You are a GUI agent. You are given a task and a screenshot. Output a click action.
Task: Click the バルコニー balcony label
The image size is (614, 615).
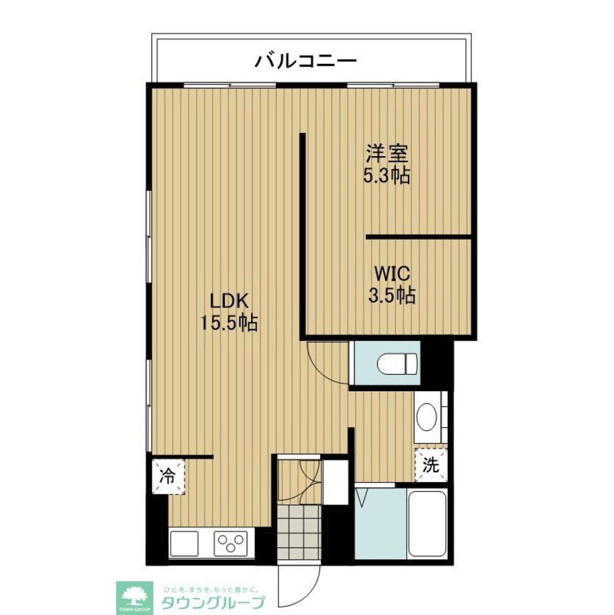tap(306, 61)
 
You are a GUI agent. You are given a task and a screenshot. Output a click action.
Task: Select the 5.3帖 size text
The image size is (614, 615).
tap(387, 177)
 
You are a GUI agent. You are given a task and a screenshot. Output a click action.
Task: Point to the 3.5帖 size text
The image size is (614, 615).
tap(391, 296)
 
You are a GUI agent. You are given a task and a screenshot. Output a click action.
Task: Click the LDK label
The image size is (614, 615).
tap(228, 301)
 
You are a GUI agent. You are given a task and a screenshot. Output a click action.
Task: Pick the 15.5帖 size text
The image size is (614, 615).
tap(229, 322)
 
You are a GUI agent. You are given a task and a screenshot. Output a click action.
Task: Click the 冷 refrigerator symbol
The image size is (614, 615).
tap(167, 475)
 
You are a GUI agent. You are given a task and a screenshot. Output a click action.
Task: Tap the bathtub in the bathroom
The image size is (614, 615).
tap(428, 523)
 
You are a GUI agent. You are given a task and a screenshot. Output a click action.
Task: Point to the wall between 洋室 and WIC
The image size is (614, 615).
tap(418, 236)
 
